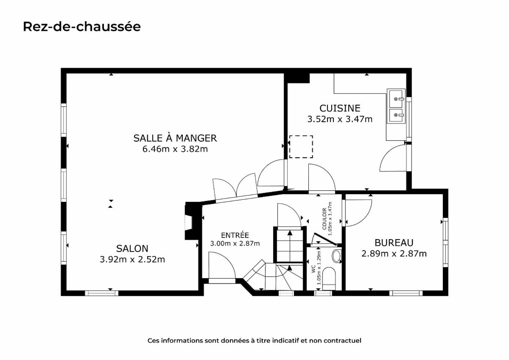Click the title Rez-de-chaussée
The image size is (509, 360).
click(82, 27)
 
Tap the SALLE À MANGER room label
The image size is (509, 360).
click(175, 138)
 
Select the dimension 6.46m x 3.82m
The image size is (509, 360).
click(175, 149)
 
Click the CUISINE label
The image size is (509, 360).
click(340, 108)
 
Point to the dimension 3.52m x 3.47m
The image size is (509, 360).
click(340, 119)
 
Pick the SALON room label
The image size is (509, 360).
click(132, 248)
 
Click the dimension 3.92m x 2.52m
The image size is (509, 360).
click(132, 260)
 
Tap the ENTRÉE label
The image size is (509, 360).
click(235, 235)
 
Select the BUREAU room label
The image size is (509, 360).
click(394, 243)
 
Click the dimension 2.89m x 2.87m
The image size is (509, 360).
click(394, 254)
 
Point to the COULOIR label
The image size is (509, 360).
click(324, 219)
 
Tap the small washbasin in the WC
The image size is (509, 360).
click(336, 256)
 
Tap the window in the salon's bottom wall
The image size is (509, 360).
click(101, 293)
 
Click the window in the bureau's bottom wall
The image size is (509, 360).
click(406, 293)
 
